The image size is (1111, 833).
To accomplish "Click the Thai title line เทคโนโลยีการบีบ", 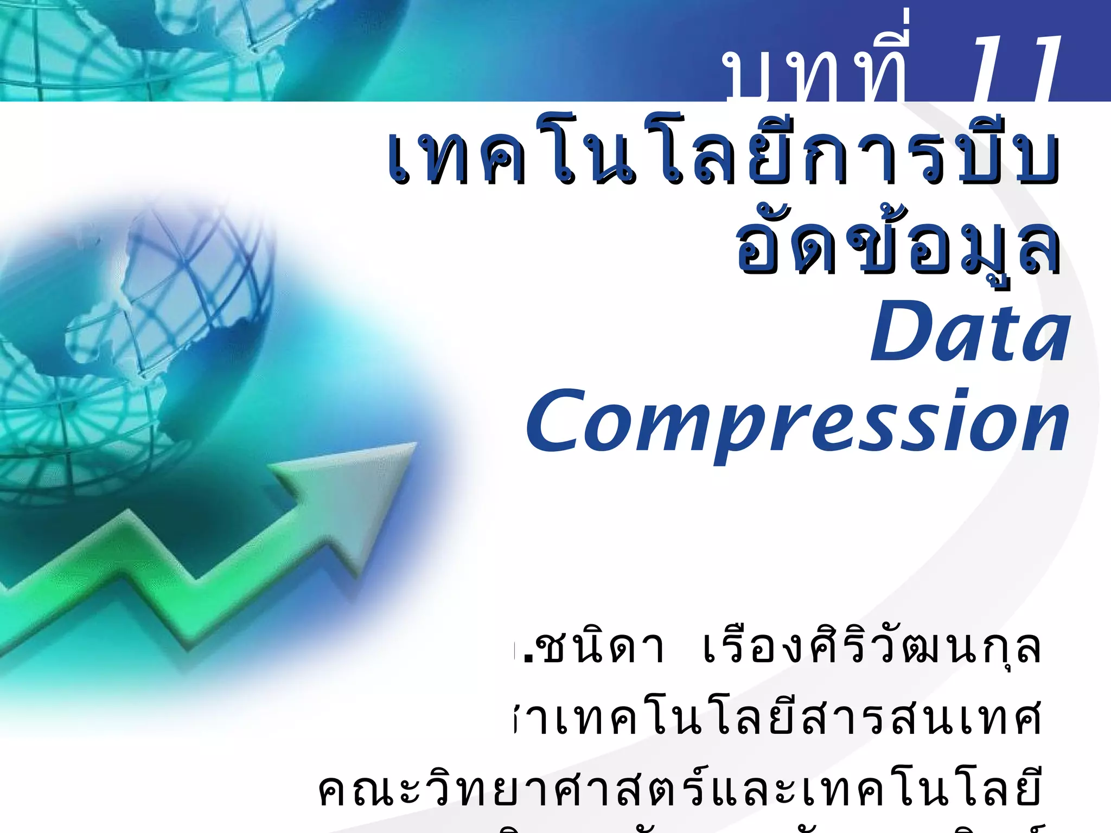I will coord(724,155).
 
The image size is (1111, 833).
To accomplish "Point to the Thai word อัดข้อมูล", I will coord(898,247).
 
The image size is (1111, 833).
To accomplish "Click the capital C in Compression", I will coord(559,420).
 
